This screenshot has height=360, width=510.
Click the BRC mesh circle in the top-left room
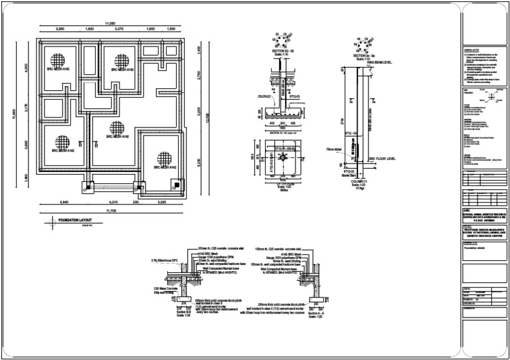(x=57, y=60)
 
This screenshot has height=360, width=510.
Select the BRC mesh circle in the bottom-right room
(x=164, y=159)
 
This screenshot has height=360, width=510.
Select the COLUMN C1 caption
(x=361, y=182)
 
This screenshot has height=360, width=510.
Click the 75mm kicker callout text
(x=334, y=150)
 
